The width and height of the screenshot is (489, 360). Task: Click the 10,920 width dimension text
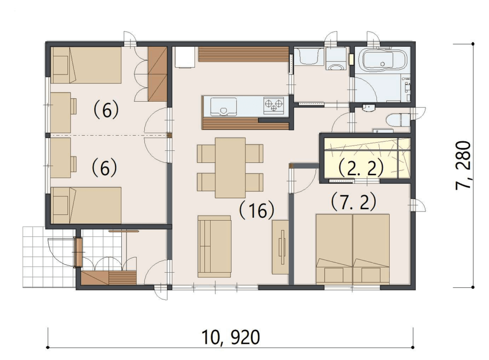(231, 337)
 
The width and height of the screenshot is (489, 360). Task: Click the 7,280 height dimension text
(463, 166)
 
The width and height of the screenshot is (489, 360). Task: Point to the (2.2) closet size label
(361, 169)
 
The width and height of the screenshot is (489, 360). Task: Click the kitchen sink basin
(223, 106)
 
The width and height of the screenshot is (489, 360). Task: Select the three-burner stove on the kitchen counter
(274, 105)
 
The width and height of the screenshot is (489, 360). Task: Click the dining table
(230, 168)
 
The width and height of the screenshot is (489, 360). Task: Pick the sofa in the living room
(214, 246)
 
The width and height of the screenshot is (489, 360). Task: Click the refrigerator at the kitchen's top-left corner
(185, 57)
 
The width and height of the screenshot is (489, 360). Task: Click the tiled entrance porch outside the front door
(48, 257)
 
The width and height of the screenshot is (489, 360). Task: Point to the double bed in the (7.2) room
(353, 249)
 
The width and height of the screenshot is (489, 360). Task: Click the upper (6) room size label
(106, 110)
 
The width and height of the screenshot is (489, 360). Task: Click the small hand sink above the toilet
(369, 108)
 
